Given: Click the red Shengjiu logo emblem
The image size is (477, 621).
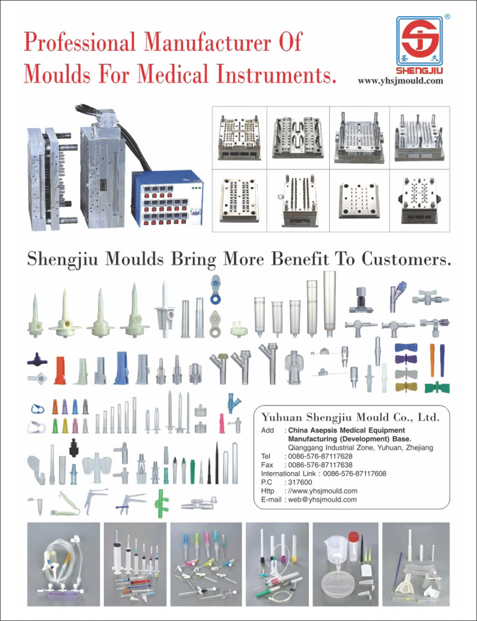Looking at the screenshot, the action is pyautogui.click(x=420, y=41).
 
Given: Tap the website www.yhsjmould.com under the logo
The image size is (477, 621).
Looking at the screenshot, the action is pyautogui.click(x=401, y=81).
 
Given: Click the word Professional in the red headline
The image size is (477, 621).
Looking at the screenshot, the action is pyautogui.click(x=79, y=42).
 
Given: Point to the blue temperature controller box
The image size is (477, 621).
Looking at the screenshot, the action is pyautogui.click(x=167, y=198).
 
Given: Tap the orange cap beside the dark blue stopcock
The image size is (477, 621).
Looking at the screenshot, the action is pyautogui.click(x=60, y=370).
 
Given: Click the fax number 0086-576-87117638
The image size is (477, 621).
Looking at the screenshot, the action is pyautogui.click(x=320, y=465).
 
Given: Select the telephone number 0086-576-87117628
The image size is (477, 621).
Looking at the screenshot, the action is pyautogui.click(x=320, y=457).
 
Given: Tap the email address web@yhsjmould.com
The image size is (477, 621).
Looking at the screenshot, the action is pyautogui.click(x=322, y=500).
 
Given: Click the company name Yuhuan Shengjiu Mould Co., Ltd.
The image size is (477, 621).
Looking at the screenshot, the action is pyautogui.click(x=350, y=417).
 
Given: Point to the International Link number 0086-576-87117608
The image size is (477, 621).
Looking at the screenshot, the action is pyautogui.click(x=355, y=474).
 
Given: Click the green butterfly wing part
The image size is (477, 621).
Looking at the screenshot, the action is pyautogui.click(x=437, y=387).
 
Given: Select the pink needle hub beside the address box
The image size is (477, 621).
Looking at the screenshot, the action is pyautogui.click(x=222, y=423).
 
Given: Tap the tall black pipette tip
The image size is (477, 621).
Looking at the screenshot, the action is pyautogui.click(x=216, y=463).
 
